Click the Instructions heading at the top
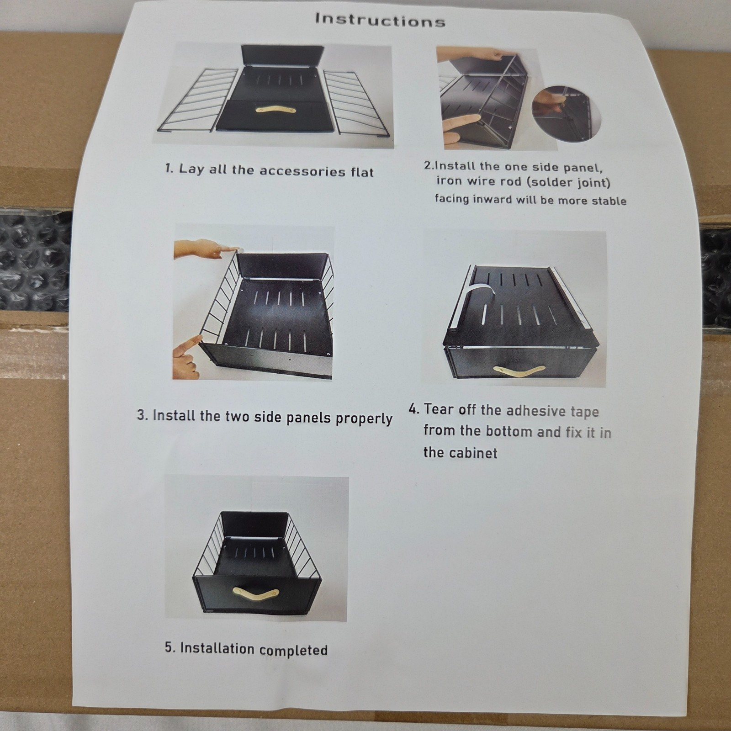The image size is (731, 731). coord(380,20)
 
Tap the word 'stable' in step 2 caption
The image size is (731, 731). coord(609,201)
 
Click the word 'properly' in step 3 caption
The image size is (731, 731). coord(364,418)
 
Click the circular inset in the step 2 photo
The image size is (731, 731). coord(567,113)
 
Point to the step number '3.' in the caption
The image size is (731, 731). coord(142,415)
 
